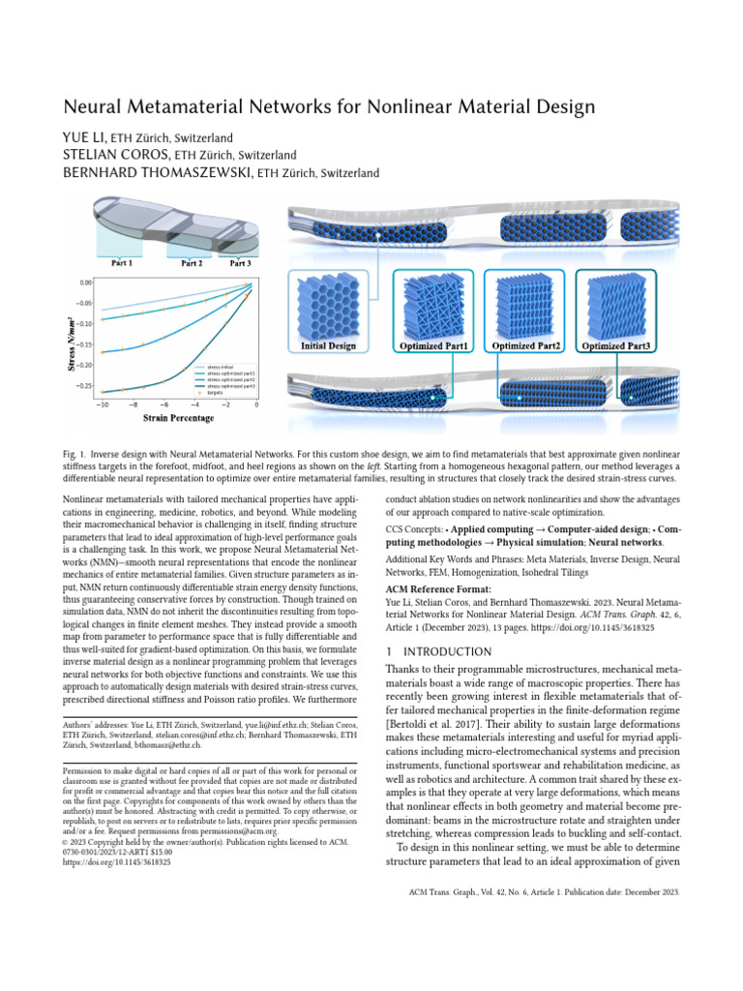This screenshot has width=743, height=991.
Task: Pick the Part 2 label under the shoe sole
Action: coord(191,262)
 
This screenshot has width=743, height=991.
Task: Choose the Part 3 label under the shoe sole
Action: coord(240,262)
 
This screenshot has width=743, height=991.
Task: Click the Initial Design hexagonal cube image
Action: coord(329,304)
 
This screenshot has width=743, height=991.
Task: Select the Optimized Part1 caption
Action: coord(433,345)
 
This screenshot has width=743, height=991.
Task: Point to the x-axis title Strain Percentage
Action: coord(179,418)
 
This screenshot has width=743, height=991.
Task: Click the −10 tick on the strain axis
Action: coord(102,405)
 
